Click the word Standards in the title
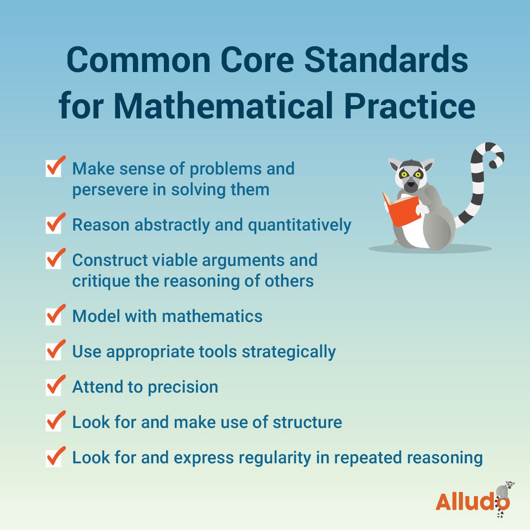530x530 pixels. [x=386, y=60]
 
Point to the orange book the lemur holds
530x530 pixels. [x=401, y=210]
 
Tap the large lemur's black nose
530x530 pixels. [x=411, y=185]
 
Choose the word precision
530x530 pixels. [x=182, y=387]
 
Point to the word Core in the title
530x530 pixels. [x=256, y=60]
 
